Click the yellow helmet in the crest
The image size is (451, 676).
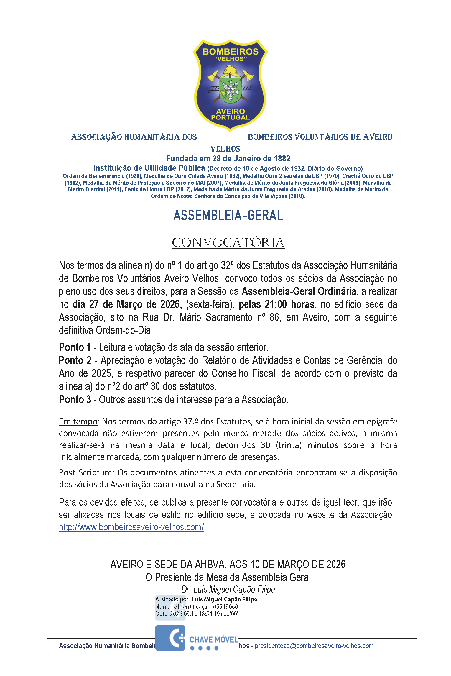230,71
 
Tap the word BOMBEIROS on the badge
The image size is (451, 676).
230,52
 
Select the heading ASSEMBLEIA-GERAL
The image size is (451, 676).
228,215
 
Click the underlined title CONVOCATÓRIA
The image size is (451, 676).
228,243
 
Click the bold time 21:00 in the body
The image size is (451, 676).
276,304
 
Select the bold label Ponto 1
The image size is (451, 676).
75,347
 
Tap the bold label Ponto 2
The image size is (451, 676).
75,360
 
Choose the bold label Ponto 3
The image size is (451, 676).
75,400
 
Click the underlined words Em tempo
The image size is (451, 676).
78,421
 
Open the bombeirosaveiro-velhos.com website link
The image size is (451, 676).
131,527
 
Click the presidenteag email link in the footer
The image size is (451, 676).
314,646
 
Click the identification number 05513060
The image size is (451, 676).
225,606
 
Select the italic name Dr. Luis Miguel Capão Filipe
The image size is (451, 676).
228,589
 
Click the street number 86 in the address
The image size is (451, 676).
274,318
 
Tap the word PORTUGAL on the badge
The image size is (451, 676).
230,117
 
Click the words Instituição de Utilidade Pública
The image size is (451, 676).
149,168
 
